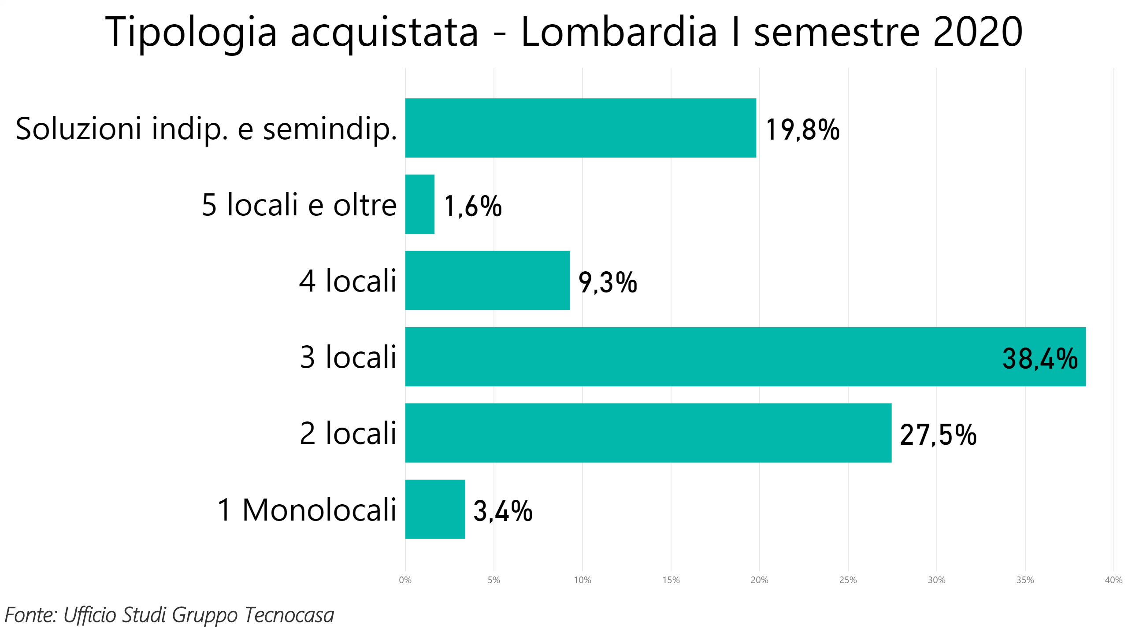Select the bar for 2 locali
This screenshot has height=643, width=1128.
(x=648, y=433)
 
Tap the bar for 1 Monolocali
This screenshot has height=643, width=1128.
(x=435, y=509)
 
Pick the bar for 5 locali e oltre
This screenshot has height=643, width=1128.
(x=419, y=204)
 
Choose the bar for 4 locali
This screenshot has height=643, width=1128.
(x=487, y=281)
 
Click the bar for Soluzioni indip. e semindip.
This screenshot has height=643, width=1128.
(x=580, y=128)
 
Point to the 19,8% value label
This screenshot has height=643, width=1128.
(x=802, y=130)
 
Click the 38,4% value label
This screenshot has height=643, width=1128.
(x=1039, y=358)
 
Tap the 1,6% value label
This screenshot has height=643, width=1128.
(x=472, y=206)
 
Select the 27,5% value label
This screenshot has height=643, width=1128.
(x=938, y=435)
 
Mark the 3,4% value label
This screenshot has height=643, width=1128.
(x=502, y=511)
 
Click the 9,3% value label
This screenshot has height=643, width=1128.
(x=608, y=283)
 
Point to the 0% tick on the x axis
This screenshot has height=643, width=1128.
(x=405, y=580)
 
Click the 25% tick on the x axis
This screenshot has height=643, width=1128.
(x=847, y=580)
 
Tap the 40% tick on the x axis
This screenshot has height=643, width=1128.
(x=1113, y=580)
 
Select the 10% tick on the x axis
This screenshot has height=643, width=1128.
(x=582, y=580)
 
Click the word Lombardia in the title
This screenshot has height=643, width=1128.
(x=619, y=32)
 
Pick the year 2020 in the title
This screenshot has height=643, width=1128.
(x=977, y=32)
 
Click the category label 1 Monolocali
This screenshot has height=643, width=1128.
(x=306, y=510)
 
